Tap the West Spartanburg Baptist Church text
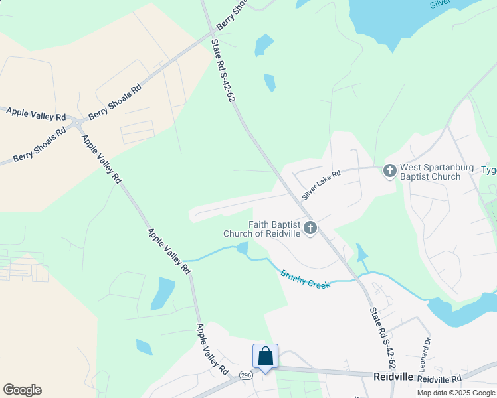coord(431,172)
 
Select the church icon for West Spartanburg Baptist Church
coord(390,171)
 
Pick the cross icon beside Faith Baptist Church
coord(309,230)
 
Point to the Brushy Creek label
coord(305,279)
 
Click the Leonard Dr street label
coord(426,354)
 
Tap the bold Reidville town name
coord(394,377)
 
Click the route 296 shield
coord(247,375)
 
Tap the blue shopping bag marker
coord(265,357)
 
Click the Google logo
coord(22,390)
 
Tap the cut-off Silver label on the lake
coord(441,3)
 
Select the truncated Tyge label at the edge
coord(488,170)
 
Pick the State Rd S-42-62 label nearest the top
coord(223,69)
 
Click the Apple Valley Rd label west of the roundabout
coord(37,113)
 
